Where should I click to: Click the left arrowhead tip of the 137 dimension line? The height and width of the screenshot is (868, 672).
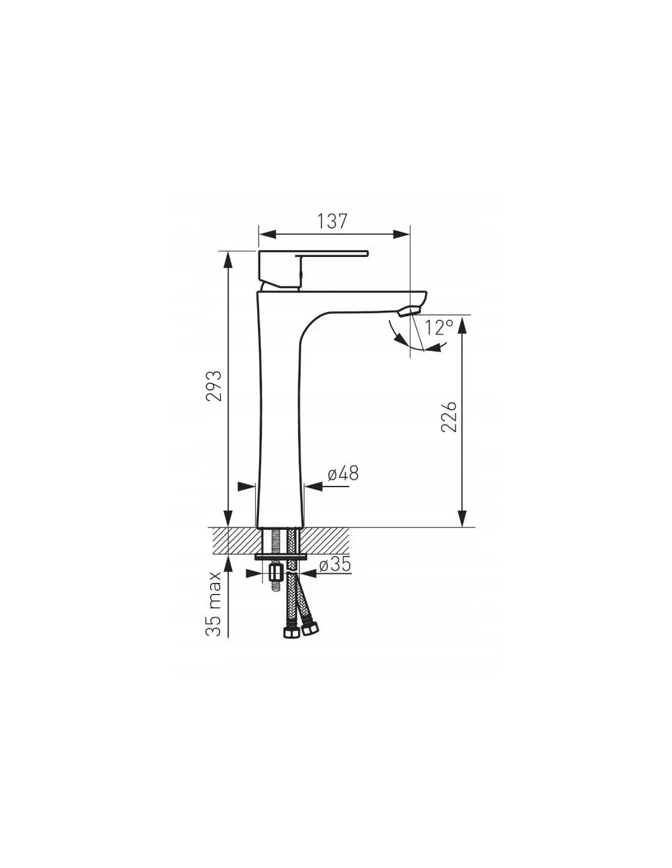258,234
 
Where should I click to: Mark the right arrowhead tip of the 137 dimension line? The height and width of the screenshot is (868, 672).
410,234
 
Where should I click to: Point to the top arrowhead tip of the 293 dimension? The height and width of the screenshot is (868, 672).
228,251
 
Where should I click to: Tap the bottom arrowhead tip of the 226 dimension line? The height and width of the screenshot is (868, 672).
462,527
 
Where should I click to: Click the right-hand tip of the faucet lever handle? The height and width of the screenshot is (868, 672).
367,253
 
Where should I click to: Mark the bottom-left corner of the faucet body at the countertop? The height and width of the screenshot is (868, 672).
257,526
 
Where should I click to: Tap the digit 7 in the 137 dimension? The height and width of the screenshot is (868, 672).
342,222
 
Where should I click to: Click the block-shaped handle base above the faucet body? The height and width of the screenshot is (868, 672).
280,269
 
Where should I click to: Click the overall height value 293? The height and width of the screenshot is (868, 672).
214,386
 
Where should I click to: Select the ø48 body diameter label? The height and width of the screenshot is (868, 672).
343,473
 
